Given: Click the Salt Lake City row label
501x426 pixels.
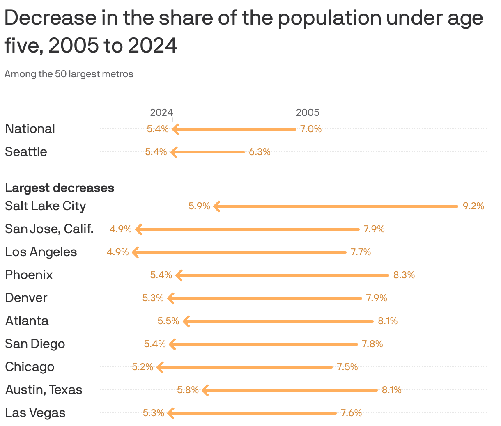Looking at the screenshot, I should [45, 206].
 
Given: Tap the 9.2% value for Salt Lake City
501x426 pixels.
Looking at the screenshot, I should [473, 206].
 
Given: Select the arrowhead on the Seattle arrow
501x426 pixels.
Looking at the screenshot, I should [174, 152].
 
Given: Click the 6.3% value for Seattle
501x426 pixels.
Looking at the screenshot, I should [260, 152].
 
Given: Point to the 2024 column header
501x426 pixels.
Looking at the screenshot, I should [161, 112].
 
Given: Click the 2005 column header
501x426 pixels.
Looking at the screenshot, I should [308, 112].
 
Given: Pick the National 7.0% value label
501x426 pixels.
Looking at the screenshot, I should [310, 129].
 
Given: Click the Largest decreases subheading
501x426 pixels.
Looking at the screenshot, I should [60, 188].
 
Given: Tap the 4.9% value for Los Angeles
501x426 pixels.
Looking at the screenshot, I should [118, 252].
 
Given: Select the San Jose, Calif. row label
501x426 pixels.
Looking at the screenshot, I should [49, 229].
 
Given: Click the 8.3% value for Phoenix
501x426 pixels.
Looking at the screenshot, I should [404, 275].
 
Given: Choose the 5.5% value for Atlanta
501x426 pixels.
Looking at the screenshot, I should [168, 321].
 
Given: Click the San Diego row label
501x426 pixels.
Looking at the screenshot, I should [35, 344].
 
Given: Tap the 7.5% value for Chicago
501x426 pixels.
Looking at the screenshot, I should [347, 367].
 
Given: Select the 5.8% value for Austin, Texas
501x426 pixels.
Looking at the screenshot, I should [188, 390].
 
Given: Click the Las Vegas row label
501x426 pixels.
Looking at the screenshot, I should [35, 412].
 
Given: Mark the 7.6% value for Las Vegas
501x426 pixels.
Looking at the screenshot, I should [351, 413].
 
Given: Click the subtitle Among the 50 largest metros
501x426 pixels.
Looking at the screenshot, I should [69, 74].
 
